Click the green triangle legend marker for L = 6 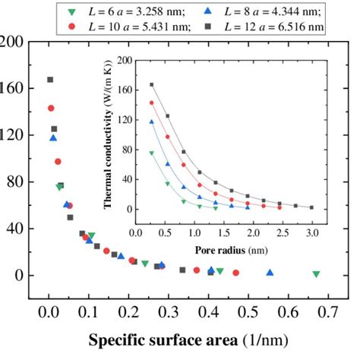point(71,11)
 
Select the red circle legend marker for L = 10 point(71,27)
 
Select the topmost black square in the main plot point(51,80)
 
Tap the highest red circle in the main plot point(52,109)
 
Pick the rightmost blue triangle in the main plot point(270,273)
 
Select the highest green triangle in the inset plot point(151,153)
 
